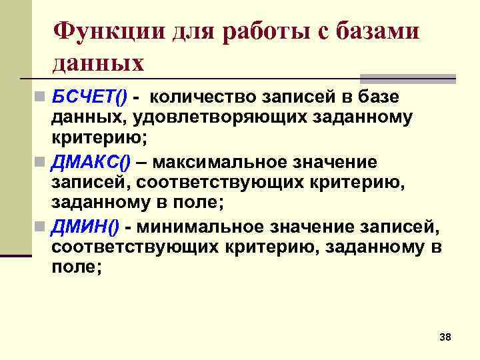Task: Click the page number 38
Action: [x=445, y=338]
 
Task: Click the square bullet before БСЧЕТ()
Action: [x=41, y=98]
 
